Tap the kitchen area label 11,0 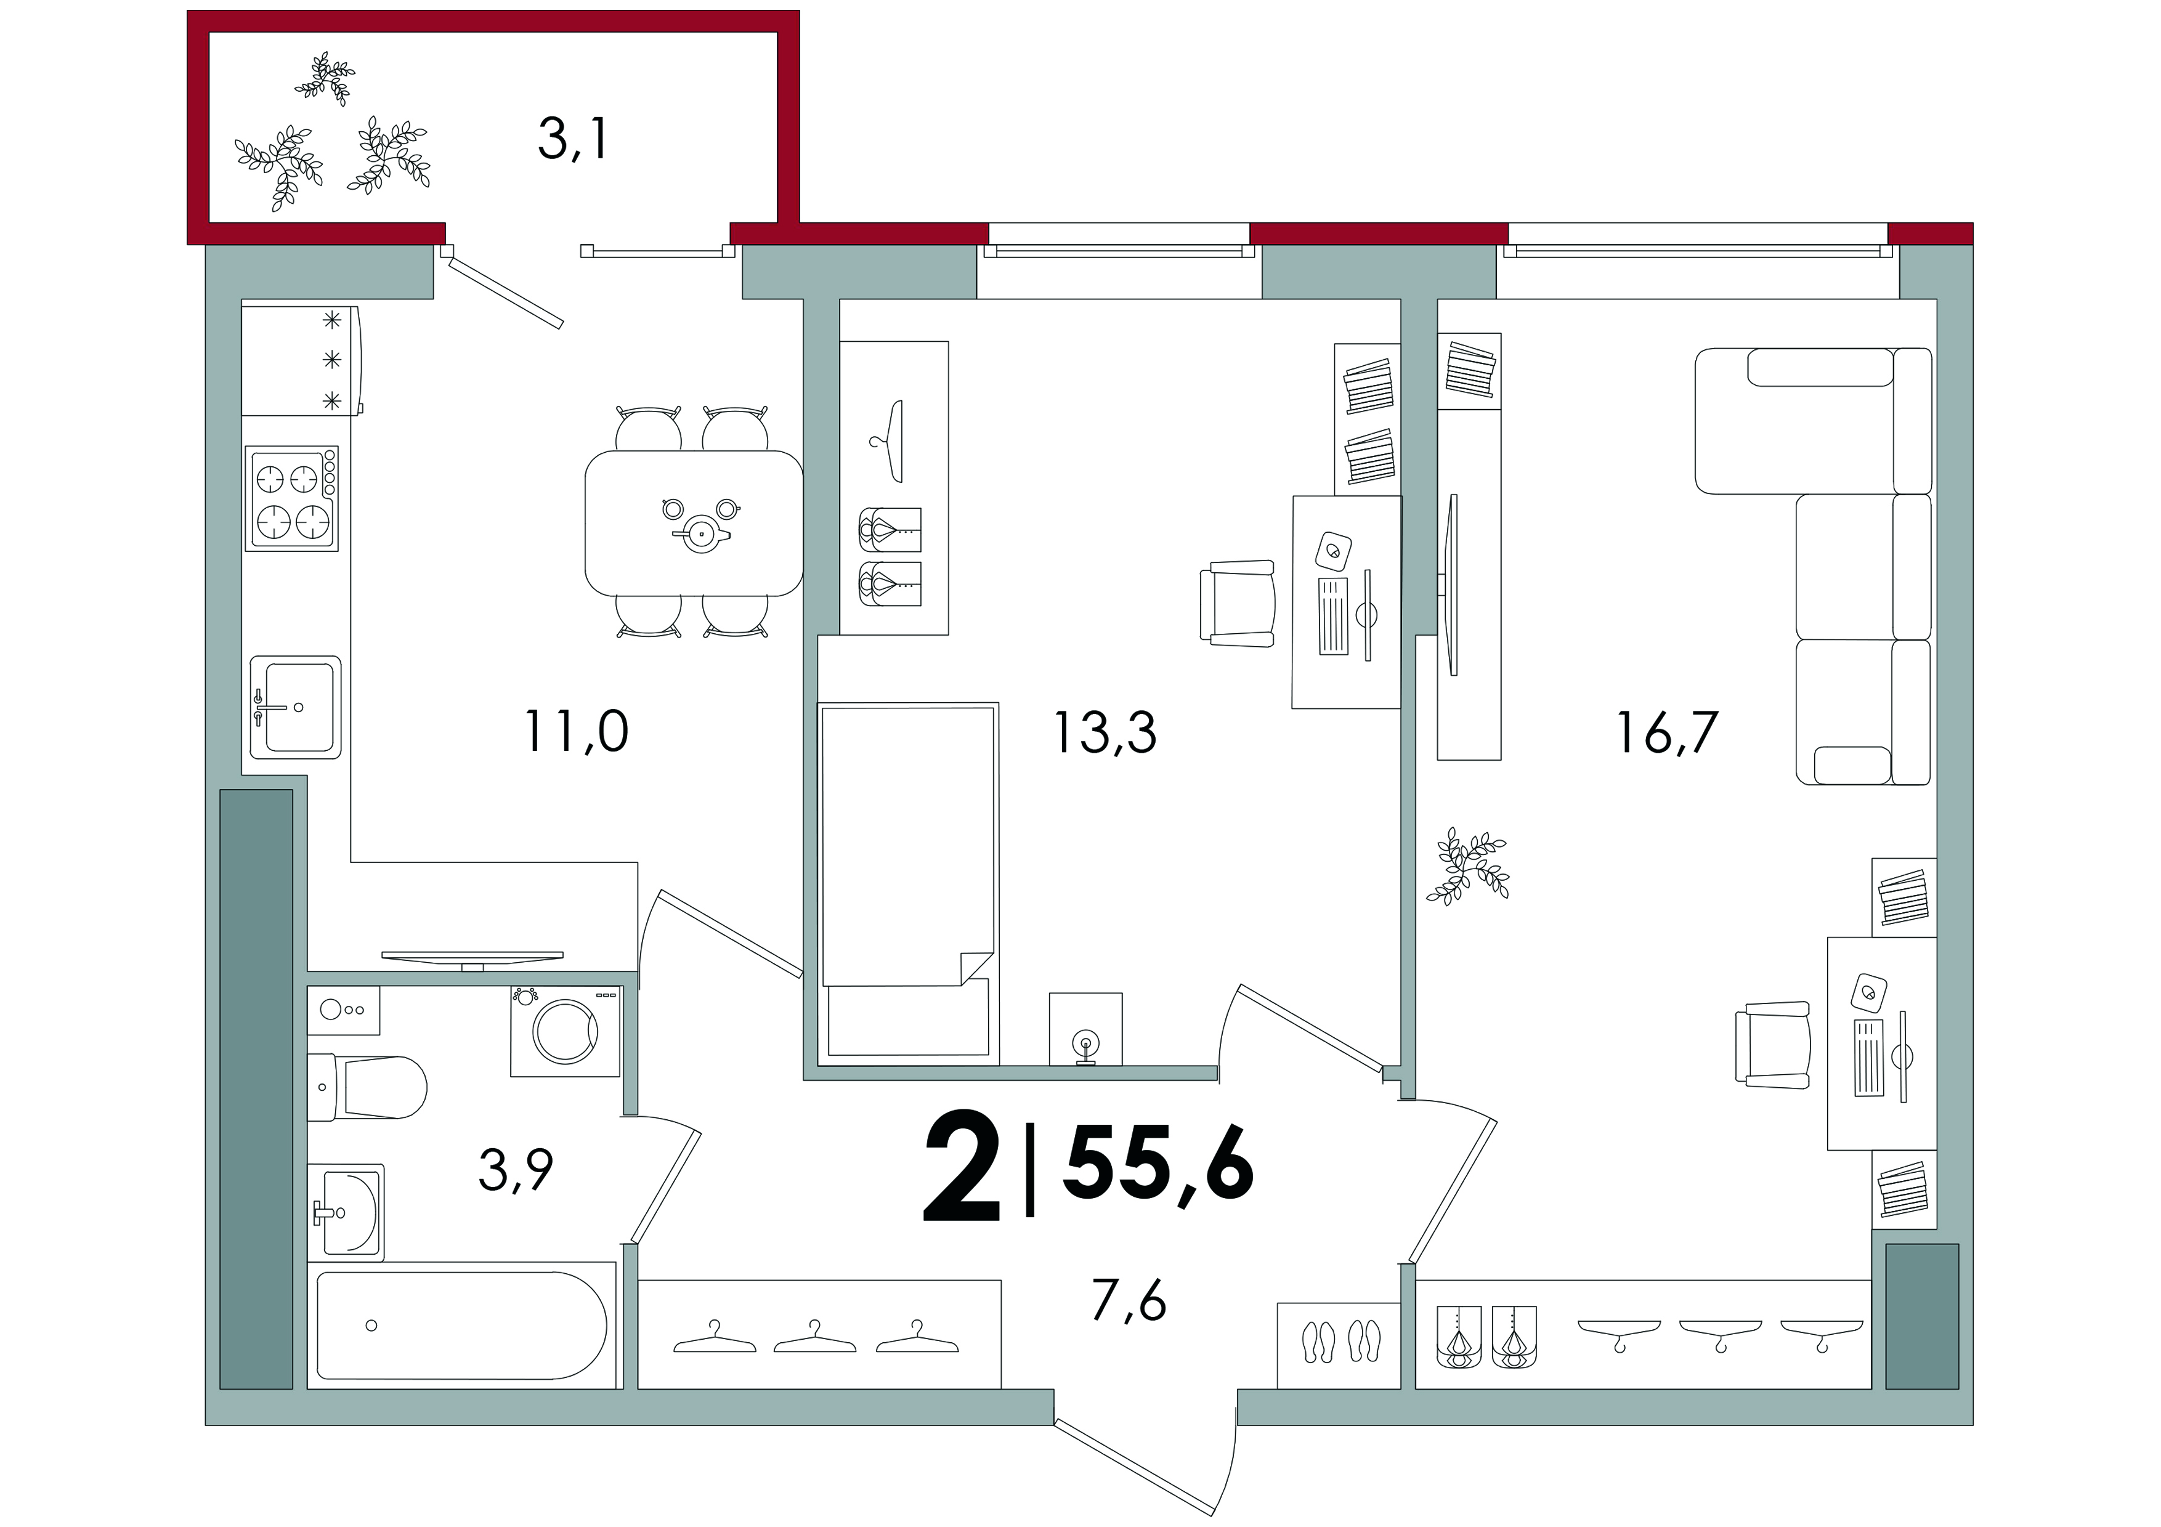click(x=576, y=731)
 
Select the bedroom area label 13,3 click(x=1105, y=733)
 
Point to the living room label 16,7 click(x=1667, y=733)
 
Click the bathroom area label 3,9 click(x=516, y=1170)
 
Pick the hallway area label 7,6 click(x=1129, y=1301)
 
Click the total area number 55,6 click(x=1159, y=1165)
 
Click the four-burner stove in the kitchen click(x=292, y=498)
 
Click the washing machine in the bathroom click(x=565, y=1031)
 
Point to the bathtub click(x=462, y=1325)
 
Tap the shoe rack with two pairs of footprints click(x=1339, y=1345)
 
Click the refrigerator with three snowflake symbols click(x=302, y=360)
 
